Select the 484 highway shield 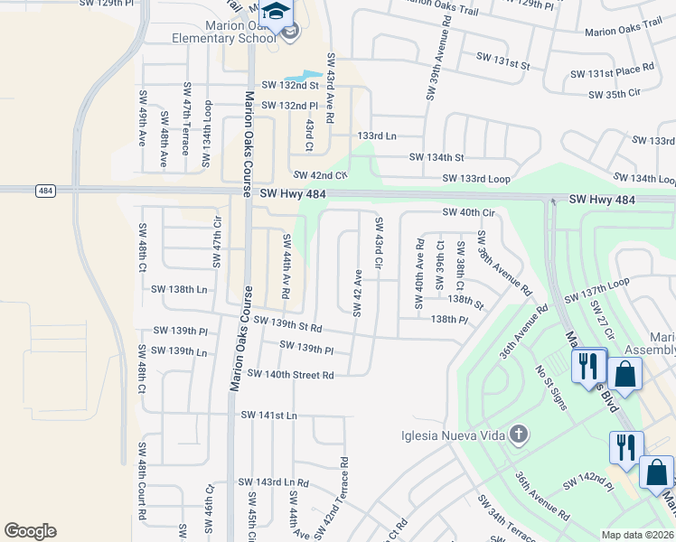click(x=44, y=191)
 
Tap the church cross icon click(x=518, y=435)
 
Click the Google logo click(x=30, y=530)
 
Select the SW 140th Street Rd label click(x=290, y=374)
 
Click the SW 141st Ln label click(x=268, y=415)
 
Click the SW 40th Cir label click(x=469, y=212)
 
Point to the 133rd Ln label click(x=377, y=135)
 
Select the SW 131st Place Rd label click(x=611, y=70)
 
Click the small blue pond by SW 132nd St click(x=304, y=76)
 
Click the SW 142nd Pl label click(x=587, y=487)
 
